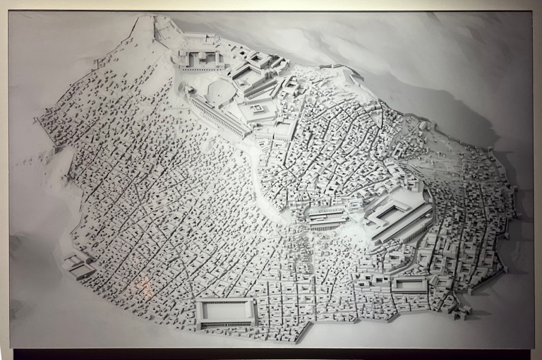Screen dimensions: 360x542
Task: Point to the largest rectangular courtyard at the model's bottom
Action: tap(226, 311)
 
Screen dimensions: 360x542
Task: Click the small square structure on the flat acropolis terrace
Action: tap(258, 109)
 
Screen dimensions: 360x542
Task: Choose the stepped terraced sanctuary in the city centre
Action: tap(327, 217)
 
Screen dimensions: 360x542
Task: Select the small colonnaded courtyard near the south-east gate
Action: tap(409, 284)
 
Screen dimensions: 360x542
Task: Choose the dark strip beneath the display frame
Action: tap(271, 354)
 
